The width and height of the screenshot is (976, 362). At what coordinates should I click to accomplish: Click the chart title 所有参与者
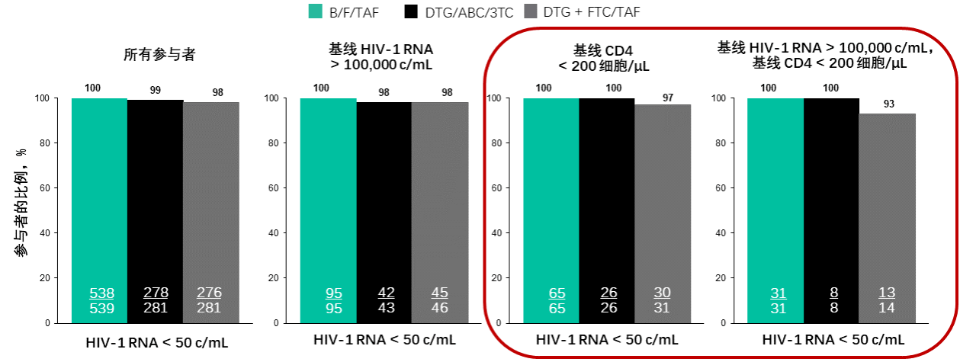[x=155, y=55]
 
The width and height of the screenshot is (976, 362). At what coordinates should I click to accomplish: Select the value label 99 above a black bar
[x=155, y=90]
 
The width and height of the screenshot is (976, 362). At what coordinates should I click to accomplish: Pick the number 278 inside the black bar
[x=156, y=293]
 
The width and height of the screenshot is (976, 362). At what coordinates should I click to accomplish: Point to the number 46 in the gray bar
[x=439, y=308]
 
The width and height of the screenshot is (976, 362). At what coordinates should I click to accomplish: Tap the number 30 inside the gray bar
[x=663, y=293]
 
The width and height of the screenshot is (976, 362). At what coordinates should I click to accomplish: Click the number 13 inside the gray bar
[x=886, y=293]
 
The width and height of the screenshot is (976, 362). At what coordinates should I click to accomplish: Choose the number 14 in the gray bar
[x=886, y=308]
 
